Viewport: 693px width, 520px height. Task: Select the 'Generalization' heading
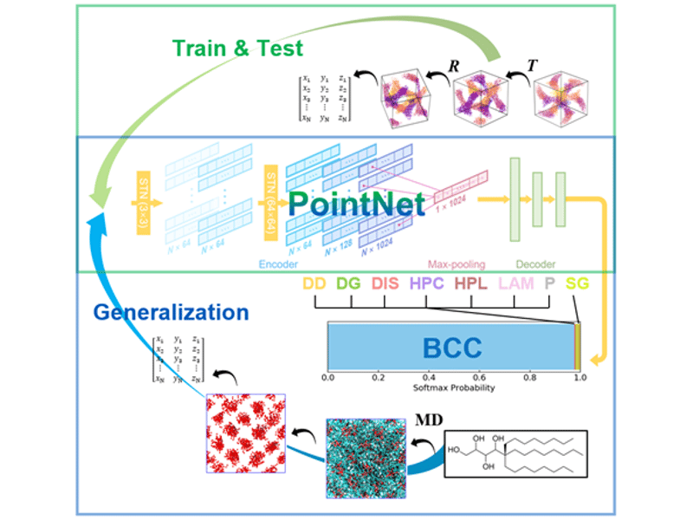(171, 312)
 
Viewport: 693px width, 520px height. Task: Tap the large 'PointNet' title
(356, 204)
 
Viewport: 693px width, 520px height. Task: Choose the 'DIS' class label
(386, 283)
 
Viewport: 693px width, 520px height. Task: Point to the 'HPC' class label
(427, 283)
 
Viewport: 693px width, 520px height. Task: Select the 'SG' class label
(577, 283)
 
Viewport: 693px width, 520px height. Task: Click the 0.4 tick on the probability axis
(428, 379)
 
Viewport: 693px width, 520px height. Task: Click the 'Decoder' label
(535, 263)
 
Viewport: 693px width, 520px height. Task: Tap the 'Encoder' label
(276, 263)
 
